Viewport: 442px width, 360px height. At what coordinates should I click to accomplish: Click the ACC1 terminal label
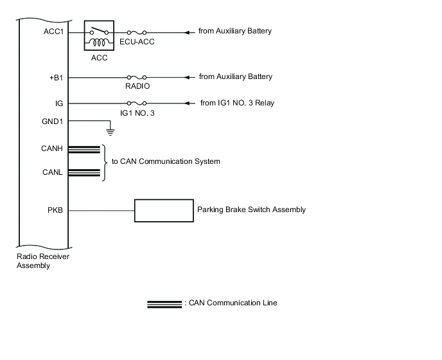pos(53,32)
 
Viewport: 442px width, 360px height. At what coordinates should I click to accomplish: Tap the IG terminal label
pos(59,103)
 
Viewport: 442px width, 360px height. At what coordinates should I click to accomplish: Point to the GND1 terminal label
pos(53,122)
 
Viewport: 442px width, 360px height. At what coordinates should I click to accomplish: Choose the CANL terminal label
pos(53,172)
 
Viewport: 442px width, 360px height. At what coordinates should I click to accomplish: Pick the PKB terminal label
pos(56,210)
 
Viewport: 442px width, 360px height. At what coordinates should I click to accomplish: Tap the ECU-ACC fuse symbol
pos(136,32)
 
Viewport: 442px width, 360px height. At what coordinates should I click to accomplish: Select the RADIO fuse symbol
pos(136,77)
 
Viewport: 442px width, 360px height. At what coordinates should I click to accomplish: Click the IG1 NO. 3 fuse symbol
pos(136,103)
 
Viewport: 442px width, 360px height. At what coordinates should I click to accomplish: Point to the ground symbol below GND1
pos(110,132)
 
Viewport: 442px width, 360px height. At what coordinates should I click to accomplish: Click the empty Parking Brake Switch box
pos(164,210)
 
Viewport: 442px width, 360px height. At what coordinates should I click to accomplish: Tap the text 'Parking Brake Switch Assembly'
pos(251,210)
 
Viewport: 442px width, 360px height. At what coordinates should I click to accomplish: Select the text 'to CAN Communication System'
pos(166,161)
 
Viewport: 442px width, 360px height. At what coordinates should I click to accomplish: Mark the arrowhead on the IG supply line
pos(188,103)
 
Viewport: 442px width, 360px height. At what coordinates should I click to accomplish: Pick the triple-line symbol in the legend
pos(164,303)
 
